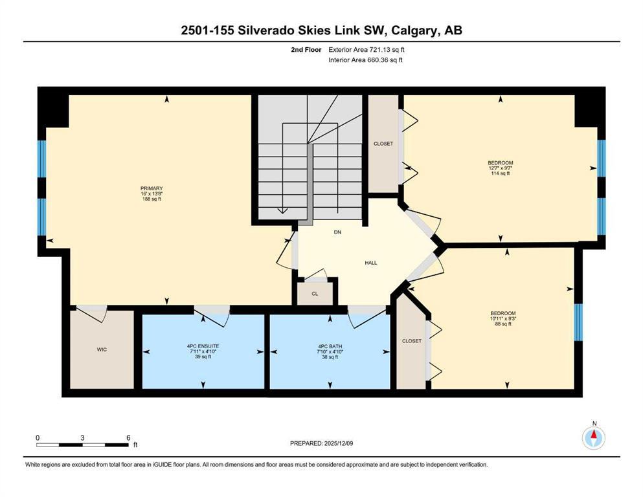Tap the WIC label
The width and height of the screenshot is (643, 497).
102,349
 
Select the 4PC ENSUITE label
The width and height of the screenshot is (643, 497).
203,347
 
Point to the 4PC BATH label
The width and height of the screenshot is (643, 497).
330,347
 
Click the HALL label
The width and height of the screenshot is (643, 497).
370,263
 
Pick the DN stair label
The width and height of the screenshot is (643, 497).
337,231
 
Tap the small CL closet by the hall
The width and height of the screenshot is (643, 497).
315,293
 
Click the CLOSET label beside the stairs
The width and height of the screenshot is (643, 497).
383,144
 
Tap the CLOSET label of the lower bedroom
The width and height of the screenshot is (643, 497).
412,341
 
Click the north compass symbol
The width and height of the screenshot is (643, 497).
593,437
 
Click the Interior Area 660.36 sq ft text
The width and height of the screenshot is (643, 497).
366,60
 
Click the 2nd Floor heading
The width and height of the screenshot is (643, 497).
307,49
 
